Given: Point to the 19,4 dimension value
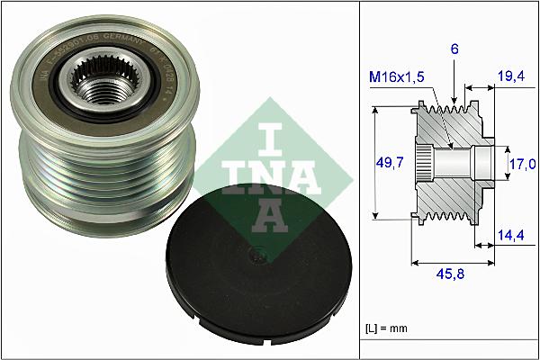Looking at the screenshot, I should [x=511, y=78].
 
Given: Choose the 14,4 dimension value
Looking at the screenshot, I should [x=511, y=236].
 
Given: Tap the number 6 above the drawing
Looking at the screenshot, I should [x=455, y=52].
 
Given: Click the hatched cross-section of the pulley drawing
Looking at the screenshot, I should [x=450, y=193].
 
